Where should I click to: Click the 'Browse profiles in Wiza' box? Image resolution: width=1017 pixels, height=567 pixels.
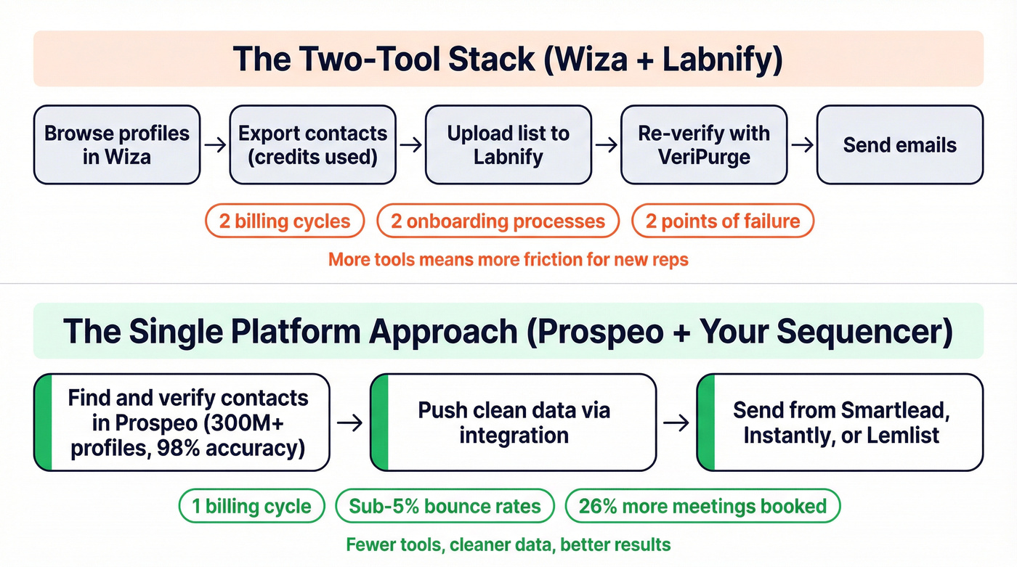[116, 144]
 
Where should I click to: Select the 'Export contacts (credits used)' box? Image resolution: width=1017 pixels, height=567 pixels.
[312, 144]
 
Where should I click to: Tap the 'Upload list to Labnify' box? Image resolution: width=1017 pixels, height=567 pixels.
[508, 144]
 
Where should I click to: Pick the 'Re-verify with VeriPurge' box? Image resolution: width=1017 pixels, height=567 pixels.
[704, 144]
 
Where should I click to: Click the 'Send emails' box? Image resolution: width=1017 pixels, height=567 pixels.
[899, 144]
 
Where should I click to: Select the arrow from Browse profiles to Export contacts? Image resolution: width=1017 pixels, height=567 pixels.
[214, 145]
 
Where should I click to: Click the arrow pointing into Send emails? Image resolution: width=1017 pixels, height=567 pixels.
[802, 145]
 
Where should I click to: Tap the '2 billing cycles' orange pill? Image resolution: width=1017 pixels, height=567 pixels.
[285, 221]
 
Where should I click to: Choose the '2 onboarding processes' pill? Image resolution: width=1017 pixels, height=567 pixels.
[498, 221]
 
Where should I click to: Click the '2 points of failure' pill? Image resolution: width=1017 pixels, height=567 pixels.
[723, 221]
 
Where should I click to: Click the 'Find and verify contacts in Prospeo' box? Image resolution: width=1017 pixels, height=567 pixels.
[182, 423]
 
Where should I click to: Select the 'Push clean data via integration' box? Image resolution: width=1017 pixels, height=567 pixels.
[513, 423]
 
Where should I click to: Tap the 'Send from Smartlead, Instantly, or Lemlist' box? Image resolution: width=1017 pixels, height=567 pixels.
[840, 423]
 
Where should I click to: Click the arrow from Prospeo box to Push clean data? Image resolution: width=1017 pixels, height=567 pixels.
[350, 423]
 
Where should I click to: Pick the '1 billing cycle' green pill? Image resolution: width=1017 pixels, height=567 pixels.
[251, 506]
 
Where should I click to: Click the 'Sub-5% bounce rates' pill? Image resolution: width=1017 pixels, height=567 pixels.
[445, 506]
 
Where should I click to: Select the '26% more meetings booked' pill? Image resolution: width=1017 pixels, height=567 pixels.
[702, 506]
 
